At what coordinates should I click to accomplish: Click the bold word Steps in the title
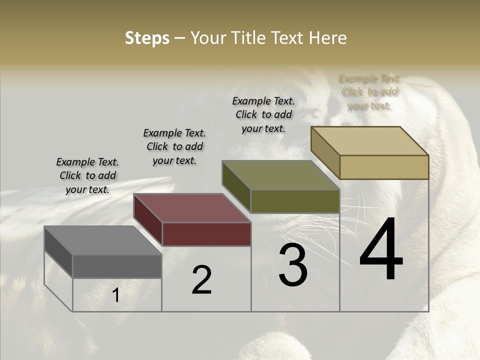147,38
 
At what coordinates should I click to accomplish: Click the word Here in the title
328,38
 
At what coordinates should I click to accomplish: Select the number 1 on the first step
115,295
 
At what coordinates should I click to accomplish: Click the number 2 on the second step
201,280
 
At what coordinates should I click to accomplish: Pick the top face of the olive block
280,175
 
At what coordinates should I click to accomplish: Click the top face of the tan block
369,141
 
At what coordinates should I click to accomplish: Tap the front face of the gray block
117,266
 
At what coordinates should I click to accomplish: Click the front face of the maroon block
206,234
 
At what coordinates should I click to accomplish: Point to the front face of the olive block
295,201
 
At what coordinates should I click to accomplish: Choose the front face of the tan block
384,167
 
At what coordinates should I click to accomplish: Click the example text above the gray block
87,175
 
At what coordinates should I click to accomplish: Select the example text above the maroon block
174,146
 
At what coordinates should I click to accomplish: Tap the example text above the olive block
263,114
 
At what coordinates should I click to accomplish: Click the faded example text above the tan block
369,92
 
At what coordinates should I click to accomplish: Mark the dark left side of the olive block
236,186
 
